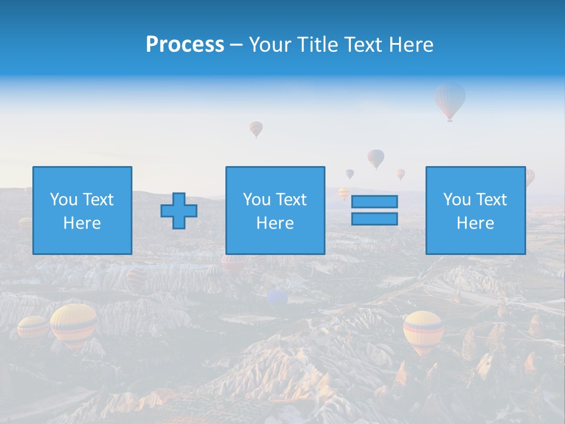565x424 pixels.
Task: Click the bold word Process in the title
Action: [x=185, y=45]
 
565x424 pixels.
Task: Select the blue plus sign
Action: [x=179, y=211]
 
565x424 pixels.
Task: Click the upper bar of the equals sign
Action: [x=374, y=202]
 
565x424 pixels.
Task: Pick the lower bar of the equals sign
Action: [x=374, y=218]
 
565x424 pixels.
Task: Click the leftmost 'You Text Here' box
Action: [x=82, y=210]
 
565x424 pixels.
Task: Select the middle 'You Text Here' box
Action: [x=275, y=210]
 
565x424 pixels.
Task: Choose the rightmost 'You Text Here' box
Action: [x=475, y=210]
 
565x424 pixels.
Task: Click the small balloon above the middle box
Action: [x=256, y=128]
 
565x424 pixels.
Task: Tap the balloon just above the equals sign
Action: [x=375, y=158]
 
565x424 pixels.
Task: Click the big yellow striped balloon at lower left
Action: [x=74, y=323]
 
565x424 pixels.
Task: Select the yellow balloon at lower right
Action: [x=423, y=330]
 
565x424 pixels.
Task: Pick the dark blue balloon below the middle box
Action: [x=277, y=299]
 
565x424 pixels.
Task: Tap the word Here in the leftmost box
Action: [x=82, y=223]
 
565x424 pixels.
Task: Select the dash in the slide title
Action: [x=237, y=45]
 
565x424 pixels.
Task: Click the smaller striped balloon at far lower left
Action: [x=32, y=327]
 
